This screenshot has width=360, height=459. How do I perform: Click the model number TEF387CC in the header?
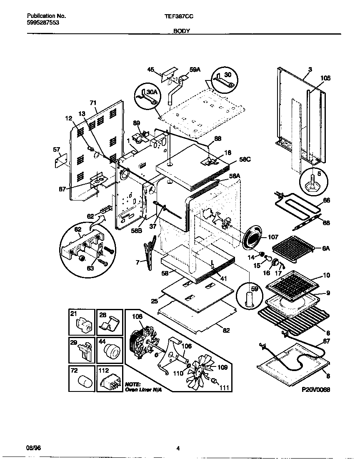(179, 16)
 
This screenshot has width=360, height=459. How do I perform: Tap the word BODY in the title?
(182, 31)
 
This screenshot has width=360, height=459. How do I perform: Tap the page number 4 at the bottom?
(178, 449)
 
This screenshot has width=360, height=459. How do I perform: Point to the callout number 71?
(93, 103)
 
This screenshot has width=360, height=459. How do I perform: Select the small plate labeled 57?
(61, 160)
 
